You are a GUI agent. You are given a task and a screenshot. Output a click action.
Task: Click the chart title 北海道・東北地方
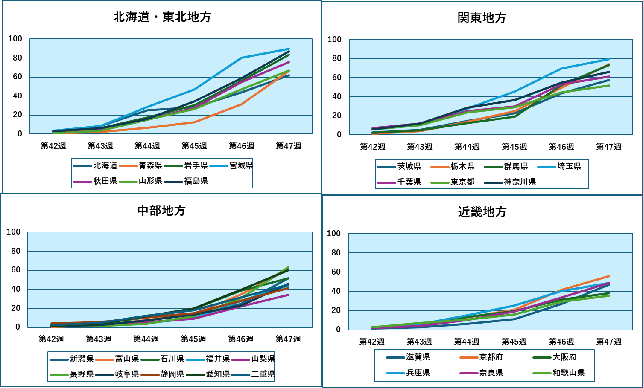coord(162,17)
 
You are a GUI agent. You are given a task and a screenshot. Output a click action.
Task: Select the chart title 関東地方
coord(482,18)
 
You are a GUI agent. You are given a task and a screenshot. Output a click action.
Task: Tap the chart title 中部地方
coord(161,211)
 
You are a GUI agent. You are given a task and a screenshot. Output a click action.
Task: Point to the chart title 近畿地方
coord(482,212)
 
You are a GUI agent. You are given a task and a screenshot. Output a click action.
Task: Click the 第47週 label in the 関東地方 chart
coord(608,147)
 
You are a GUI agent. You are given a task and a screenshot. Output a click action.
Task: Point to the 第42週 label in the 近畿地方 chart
coord(371,342)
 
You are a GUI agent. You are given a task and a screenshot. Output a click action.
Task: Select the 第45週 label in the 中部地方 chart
coord(193,339)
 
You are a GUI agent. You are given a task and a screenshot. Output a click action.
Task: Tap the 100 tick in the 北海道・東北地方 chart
coord(15,39)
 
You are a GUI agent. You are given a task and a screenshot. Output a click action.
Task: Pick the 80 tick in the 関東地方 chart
coord(336,58)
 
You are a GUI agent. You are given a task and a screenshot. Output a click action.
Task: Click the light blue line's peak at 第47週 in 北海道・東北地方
coord(289,49)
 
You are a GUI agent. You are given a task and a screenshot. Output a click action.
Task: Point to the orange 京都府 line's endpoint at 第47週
coord(609,276)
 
